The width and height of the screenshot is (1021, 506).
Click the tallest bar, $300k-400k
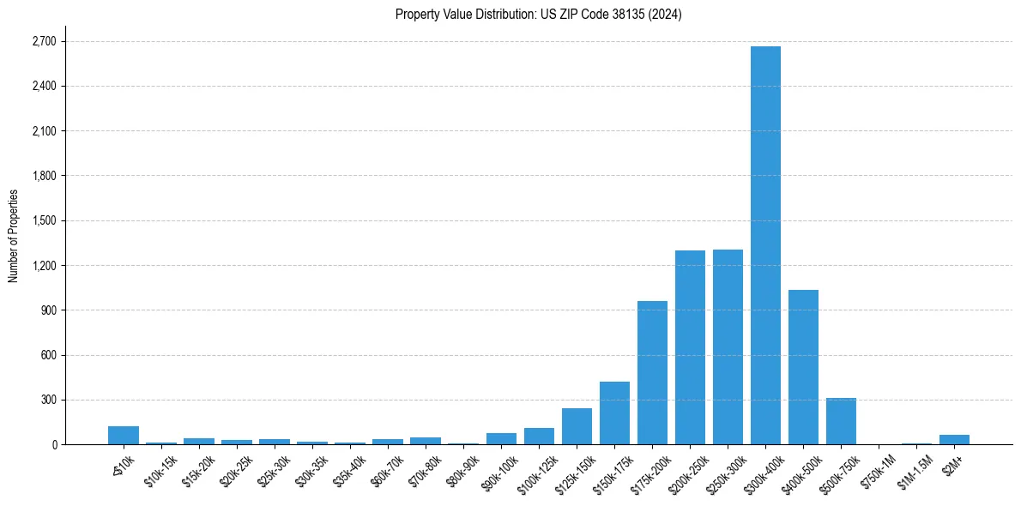coord(765,245)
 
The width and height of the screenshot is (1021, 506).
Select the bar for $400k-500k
coord(803,367)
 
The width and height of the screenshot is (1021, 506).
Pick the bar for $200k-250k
coord(690,347)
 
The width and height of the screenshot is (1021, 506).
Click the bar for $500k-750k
coord(841,421)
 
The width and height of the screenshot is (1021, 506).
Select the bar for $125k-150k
coord(577,426)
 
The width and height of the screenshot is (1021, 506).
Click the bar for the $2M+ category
coord(954,439)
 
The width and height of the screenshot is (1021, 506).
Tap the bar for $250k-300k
coord(728,346)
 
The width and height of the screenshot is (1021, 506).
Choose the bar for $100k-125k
coord(539,436)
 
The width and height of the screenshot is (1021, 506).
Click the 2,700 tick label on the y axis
coord(43,41)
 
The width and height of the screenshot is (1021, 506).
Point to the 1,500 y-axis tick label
coord(43,220)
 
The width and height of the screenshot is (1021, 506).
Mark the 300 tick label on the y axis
coord(48,400)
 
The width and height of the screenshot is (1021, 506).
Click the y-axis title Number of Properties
coord(13,235)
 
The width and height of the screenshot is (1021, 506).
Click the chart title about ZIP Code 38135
coord(539,14)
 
